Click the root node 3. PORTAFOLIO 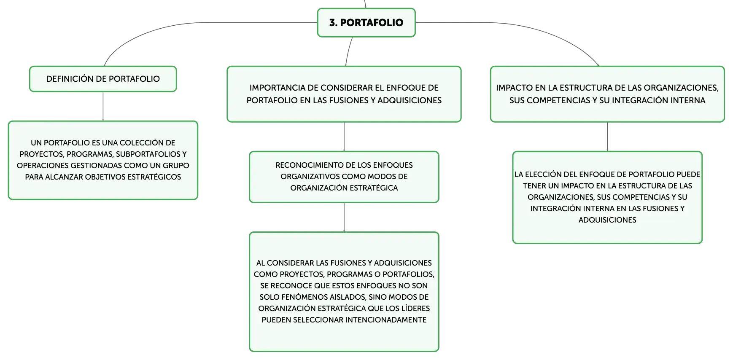click(x=366, y=23)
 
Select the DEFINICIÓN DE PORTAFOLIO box click(x=103, y=79)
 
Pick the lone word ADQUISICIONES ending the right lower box click(x=607, y=220)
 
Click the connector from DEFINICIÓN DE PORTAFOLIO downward click(x=103, y=107)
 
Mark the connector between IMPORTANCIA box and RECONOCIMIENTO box click(x=344, y=137)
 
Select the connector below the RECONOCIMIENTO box click(x=344, y=218)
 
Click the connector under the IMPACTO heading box click(x=607, y=137)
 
